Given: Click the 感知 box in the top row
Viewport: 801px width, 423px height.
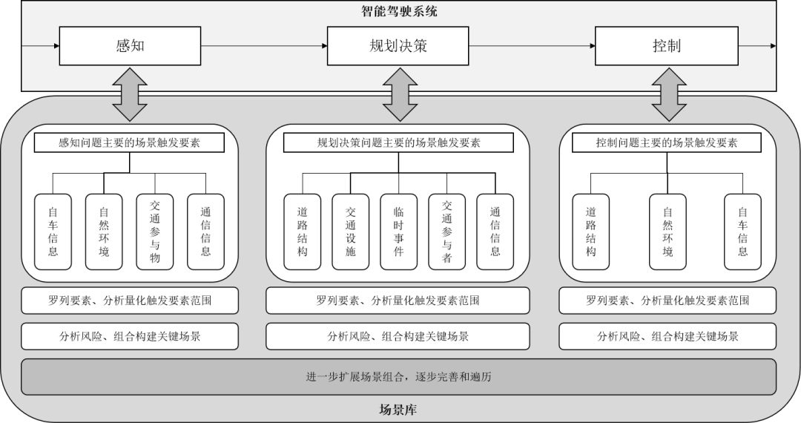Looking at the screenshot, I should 130,46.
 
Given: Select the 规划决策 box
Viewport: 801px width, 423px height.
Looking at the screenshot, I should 398,46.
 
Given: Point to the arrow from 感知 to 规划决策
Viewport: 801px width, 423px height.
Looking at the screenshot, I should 263,46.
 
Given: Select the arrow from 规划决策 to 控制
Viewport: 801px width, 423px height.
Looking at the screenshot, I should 532,46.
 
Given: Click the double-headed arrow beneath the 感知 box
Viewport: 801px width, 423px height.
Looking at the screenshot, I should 130,94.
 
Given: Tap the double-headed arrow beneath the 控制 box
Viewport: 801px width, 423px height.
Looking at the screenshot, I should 667,94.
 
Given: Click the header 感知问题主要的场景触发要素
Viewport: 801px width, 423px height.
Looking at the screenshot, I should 130,142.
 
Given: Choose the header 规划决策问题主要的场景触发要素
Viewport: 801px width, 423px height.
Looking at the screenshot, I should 398,142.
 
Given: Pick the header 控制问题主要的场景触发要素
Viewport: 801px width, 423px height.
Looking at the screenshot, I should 667,142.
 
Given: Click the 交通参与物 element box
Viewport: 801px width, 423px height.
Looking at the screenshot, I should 154,232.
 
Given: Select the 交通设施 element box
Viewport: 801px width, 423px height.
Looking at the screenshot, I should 350,232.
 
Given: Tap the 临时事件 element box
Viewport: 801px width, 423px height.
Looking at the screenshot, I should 398,232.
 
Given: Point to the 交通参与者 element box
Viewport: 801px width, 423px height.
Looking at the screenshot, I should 446,232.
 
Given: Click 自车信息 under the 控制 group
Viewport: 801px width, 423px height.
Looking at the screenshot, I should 742,232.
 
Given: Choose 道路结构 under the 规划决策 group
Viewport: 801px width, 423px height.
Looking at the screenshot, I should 302,232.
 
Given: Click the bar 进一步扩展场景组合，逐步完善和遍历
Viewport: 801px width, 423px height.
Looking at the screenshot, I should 398,377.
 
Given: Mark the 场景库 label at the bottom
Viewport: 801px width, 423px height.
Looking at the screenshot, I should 398,409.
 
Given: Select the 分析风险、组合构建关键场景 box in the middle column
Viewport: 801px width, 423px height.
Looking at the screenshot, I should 398,336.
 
